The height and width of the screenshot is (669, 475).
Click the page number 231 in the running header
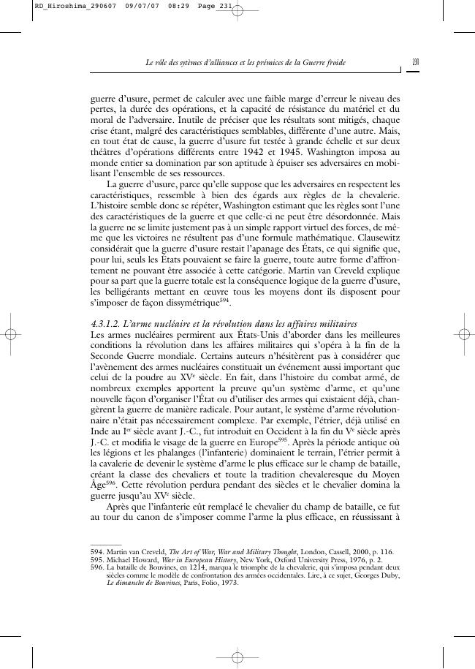click(x=414, y=64)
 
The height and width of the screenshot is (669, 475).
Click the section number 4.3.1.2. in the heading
click(x=109, y=323)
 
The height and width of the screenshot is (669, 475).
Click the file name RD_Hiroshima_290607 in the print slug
click(x=65, y=7)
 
